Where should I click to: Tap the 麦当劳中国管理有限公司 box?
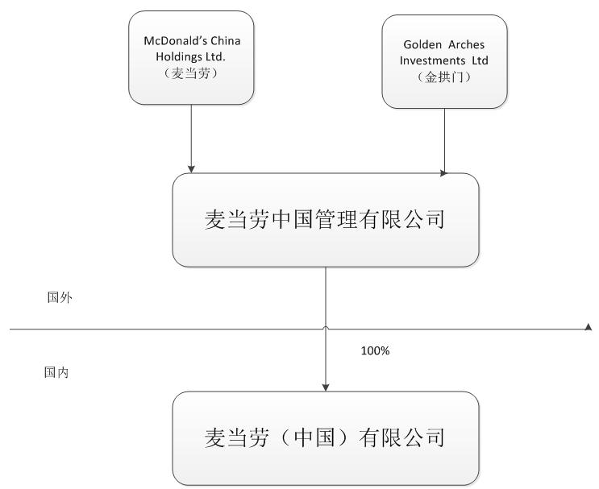[x=325, y=220]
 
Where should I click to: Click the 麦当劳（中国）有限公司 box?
[x=325, y=437]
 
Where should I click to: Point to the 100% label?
[x=373, y=352]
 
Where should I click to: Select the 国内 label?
[x=56, y=373]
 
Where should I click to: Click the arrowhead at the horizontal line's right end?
[x=589, y=328]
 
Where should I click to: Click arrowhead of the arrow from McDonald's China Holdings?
[x=192, y=169]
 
